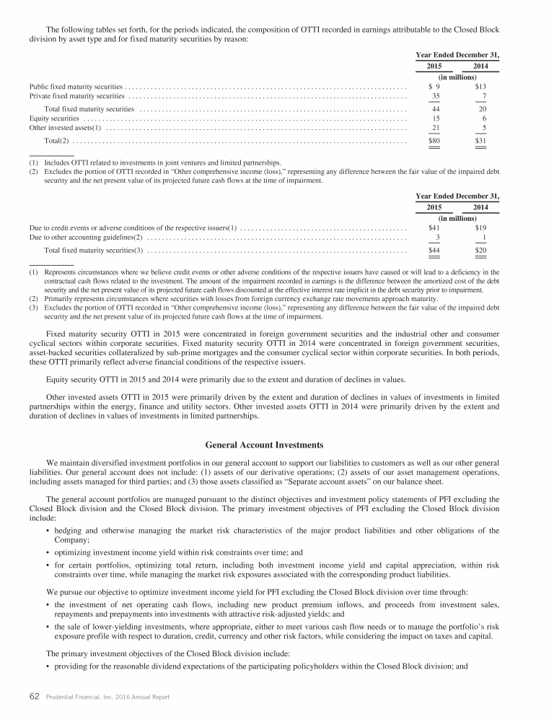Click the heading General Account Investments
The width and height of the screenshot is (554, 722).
click(276, 445)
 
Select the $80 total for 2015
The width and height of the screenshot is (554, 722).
click(434, 140)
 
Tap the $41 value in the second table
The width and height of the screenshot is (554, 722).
click(434, 227)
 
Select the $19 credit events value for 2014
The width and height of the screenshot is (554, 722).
click(480, 227)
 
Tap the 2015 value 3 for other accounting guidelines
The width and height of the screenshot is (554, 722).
click(438, 238)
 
